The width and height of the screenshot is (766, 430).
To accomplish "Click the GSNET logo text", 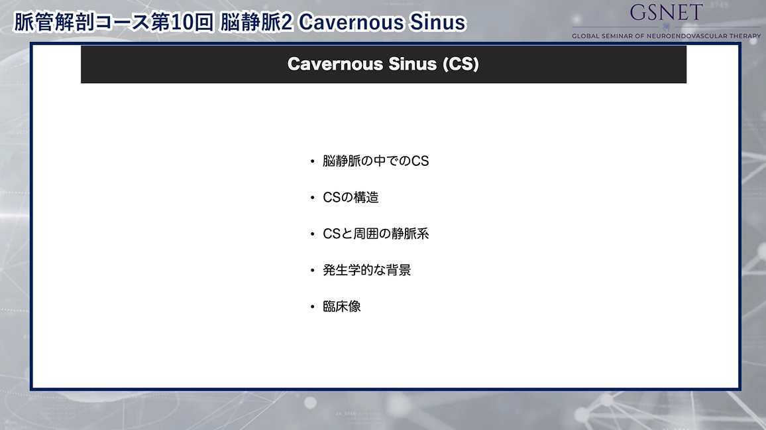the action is click(667, 12).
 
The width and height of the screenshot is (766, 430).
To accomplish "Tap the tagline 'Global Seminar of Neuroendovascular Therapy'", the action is click(667, 36).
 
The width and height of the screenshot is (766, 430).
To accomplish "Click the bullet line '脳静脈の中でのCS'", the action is click(376, 161).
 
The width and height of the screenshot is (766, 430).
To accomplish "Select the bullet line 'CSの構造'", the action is click(351, 197).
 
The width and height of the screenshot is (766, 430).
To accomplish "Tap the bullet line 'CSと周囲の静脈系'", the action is click(376, 234).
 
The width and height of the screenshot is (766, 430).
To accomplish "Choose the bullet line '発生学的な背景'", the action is click(367, 270).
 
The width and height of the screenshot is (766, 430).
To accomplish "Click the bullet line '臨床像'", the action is click(342, 307).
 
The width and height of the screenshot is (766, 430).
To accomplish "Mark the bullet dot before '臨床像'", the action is click(313, 307).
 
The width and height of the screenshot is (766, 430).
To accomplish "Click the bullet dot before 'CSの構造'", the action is click(313, 198).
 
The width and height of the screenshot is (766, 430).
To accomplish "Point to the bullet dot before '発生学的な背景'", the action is click(313, 271).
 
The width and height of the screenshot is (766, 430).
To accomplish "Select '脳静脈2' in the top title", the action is click(256, 22).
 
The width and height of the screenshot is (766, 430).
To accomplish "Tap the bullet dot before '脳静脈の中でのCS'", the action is click(313, 161).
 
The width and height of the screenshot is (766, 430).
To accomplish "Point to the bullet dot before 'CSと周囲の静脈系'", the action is click(313, 234).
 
